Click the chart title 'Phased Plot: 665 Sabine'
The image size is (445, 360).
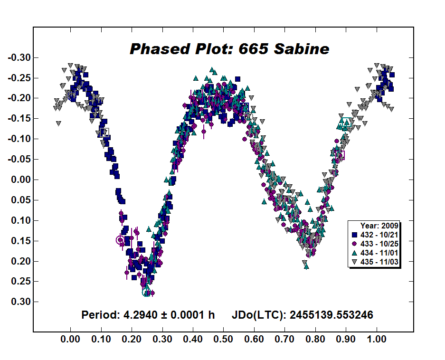[229, 49]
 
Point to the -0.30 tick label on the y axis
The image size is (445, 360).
[19, 57]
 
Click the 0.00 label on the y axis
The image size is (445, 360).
[20, 180]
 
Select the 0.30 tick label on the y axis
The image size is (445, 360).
[20, 302]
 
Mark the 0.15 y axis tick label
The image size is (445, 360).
[20, 241]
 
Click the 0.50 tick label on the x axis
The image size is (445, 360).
[224, 340]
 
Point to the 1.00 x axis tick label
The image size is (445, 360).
[377, 340]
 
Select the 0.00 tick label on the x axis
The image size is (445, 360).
[70, 340]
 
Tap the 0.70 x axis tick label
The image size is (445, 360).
[285, 340]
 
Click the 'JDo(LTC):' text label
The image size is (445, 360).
[256, 315]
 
